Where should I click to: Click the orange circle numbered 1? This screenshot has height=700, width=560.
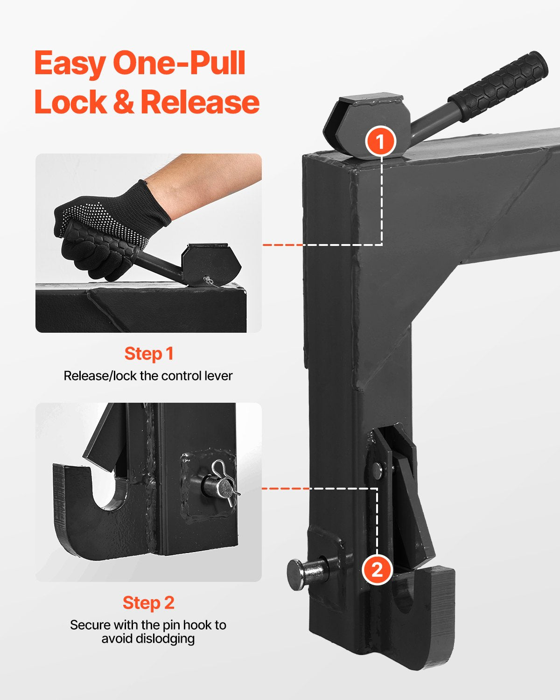(x=381, y=141)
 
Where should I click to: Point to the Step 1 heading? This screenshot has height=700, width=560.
(x=148, y=354)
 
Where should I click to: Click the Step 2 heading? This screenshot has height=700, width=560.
(x=148, y=602)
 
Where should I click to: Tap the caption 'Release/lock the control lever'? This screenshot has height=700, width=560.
(x=148, y=376)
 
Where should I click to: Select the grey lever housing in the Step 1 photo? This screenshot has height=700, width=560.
(x=212, y=264)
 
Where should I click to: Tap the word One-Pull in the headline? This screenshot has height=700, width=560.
(x=179, y=64)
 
